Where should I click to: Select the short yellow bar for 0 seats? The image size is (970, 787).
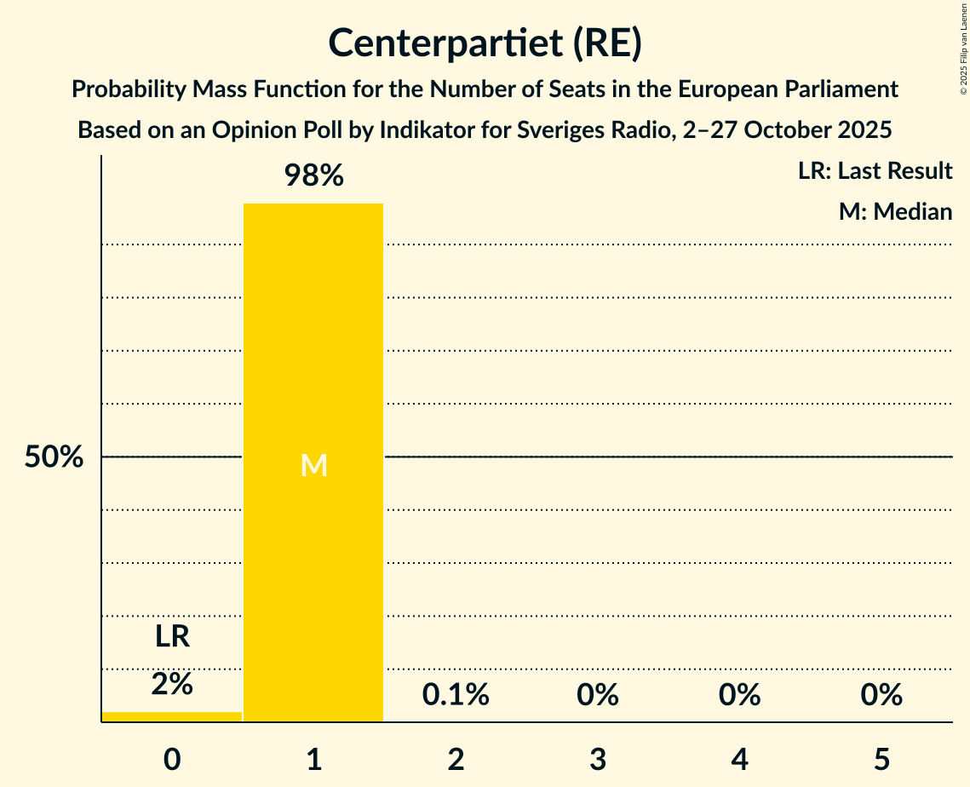click(171, 716)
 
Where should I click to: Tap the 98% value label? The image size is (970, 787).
click(313, 176)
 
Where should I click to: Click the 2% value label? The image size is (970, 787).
click(171, 683)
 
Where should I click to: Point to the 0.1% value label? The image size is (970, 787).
click(456, 695)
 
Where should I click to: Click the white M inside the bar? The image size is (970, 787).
click(313, 465)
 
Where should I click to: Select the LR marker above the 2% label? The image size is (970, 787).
click(171, 636)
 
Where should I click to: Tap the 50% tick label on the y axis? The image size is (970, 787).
click(54, 457)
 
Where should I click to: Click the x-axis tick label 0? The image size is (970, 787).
click(171, 759)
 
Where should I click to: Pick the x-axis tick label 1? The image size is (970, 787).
click(313, 759)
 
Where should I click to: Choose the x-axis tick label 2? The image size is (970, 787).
click(456, 759)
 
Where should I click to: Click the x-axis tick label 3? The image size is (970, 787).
click(597, 759)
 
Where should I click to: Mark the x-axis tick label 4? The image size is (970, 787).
click(739, 759)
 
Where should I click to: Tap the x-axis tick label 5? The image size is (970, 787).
click(881, 759)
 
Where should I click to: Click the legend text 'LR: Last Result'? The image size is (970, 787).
click(875, 171)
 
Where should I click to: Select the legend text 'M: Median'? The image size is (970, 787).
click(895, 211)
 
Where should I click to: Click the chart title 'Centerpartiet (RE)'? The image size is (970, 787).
click(485, 43)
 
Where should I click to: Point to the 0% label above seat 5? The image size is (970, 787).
click(881, 695)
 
